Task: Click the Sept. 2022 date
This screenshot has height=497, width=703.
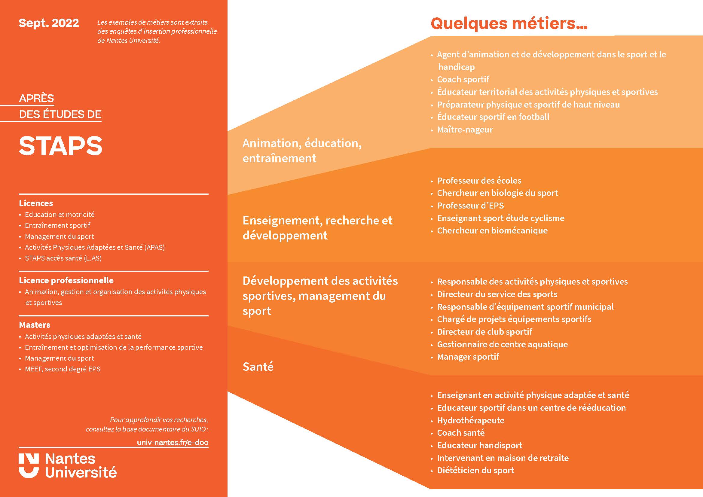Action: point(49,23)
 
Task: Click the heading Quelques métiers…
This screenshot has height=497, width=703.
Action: point(509,23)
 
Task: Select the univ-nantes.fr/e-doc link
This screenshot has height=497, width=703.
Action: point(173,442)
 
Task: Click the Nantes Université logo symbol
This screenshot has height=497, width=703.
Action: point(29,465)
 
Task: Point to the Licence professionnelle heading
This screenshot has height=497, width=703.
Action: point(66,280)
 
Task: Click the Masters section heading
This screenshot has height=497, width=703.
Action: point(35,325)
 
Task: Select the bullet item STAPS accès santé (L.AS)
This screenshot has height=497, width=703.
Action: point(63,258)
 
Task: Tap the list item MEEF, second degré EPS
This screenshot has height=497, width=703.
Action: point(63,369)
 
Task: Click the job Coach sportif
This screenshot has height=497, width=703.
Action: point(463,79)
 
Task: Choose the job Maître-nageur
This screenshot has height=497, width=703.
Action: point(465,130)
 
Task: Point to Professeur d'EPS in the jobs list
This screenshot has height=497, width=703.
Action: point(470,205)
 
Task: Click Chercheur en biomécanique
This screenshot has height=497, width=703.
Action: point(492,230)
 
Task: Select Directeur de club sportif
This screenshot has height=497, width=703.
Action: point(484,331)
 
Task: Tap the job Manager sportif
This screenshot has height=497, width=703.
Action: point(468,357)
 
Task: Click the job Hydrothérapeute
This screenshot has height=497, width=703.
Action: point(471,420)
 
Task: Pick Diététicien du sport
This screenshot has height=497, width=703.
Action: point(475,470)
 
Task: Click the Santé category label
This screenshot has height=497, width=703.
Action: point(258,367)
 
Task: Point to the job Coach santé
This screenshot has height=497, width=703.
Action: point(461,433)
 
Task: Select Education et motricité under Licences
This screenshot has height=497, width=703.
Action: point(60,215)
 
